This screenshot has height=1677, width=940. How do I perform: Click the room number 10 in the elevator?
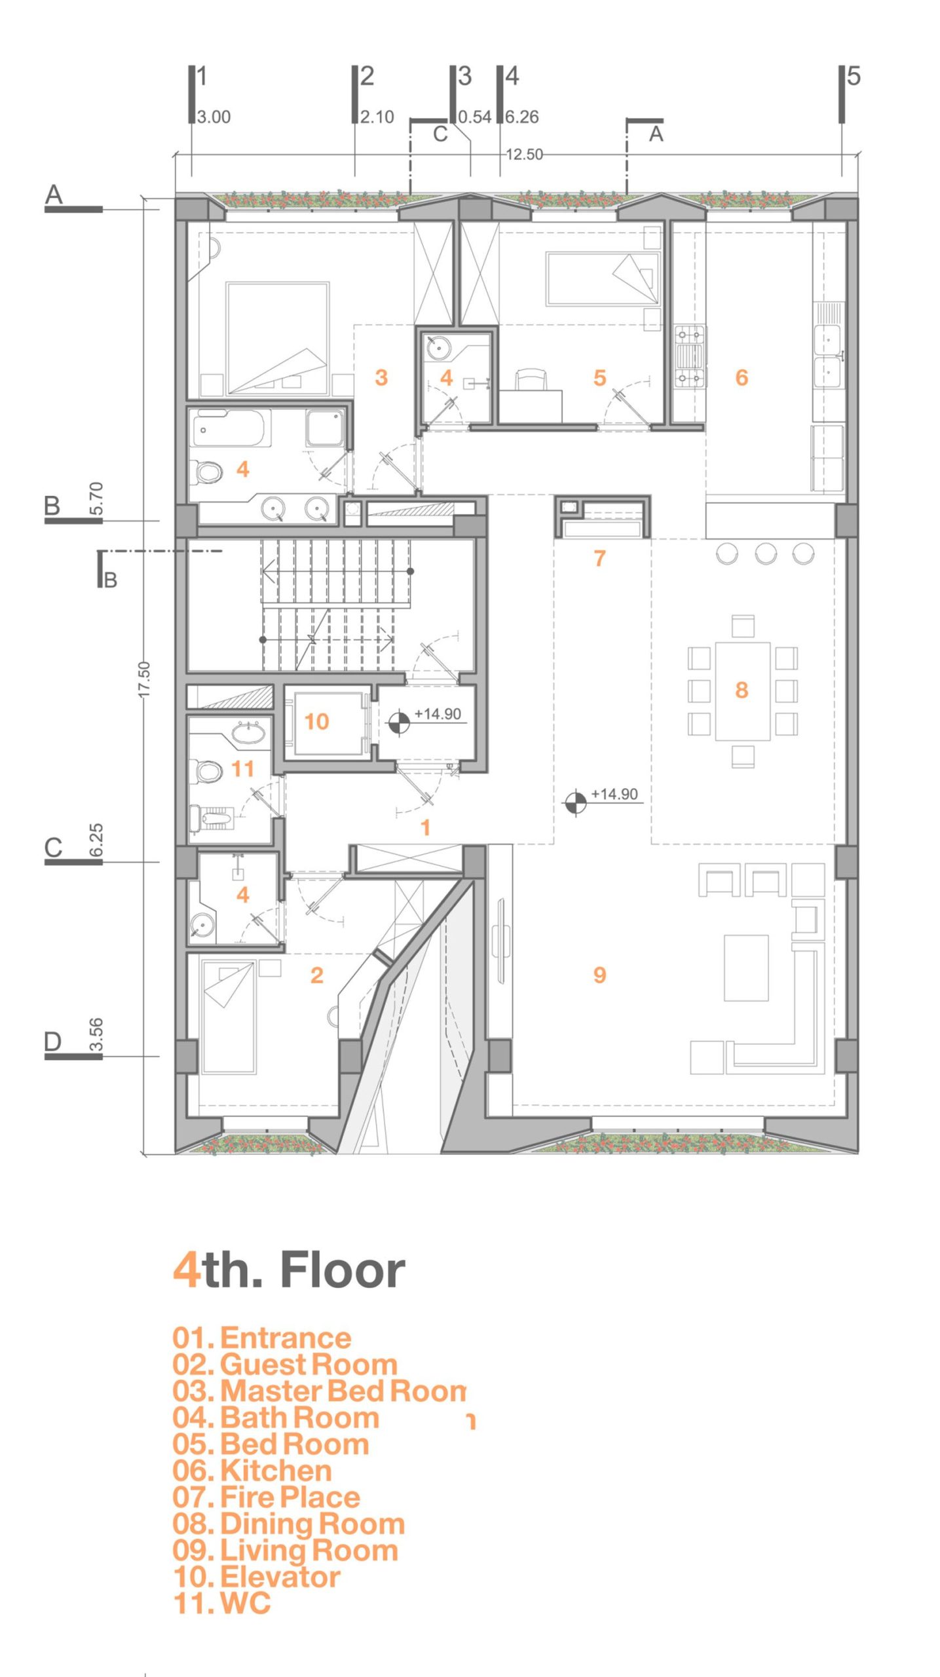point(316,721)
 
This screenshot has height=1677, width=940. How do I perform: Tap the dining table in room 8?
point(742,691)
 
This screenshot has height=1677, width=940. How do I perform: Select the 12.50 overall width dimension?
point(525,155)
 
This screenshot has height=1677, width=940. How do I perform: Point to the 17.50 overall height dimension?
point(144,680)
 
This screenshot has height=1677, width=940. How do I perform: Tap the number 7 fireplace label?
point(599,558)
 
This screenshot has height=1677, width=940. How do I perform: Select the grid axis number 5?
point(854,76)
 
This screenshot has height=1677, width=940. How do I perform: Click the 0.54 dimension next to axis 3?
point(474,117)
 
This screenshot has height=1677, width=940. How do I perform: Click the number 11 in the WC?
point(242,768)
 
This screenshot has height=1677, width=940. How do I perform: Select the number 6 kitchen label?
point(742,377)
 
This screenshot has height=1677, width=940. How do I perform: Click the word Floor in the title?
point(343,1270)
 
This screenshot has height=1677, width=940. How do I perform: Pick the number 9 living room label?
point(599,975)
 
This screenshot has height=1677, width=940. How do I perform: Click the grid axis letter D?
point(52,1041)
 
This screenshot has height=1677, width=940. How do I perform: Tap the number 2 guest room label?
point(316,975)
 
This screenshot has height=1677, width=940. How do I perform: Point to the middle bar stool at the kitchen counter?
point(765,554)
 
